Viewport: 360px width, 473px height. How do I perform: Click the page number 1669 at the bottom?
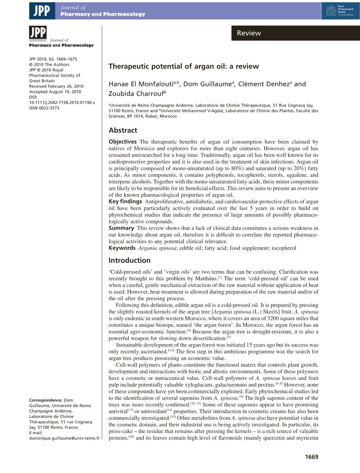point(312,457)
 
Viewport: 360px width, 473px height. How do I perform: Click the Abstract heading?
point(123,130)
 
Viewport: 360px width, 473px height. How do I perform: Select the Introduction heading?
point(129,261)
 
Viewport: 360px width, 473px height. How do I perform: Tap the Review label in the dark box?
point(249,33)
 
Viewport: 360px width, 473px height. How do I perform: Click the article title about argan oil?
point(184,67)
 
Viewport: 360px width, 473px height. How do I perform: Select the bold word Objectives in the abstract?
point(123,142)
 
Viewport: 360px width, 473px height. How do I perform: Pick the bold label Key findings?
point(125,202)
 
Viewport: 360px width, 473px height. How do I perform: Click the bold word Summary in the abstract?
point(121,228)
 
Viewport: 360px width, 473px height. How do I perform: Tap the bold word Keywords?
point(122,248)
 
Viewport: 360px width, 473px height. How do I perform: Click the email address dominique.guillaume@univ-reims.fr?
point(64,438)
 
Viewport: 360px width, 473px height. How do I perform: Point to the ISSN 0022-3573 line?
point(44,108)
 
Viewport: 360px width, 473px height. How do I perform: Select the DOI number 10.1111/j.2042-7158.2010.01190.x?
point(62,103)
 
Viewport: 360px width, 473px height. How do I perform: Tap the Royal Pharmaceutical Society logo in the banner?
point(340,11)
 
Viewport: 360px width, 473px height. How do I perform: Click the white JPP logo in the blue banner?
point(42,11)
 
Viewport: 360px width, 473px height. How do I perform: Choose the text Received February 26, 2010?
point(56,86)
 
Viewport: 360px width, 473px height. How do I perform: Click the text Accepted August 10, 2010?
point(55,92)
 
